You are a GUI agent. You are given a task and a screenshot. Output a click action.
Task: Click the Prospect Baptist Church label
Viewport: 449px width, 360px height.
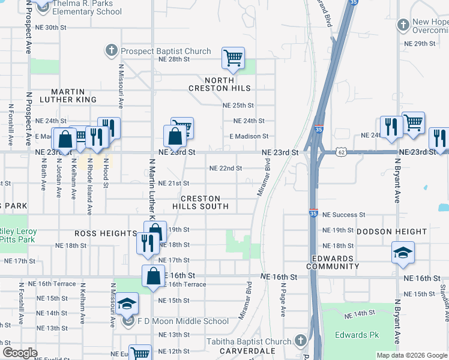pyautogui.click(x=166, y=51)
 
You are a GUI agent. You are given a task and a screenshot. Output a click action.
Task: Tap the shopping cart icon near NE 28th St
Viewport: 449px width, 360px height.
pyautogui.click(x=233, y=58)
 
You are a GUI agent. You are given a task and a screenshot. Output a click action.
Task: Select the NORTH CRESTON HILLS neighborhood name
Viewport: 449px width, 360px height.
pyautogui.click(x=228, y=85)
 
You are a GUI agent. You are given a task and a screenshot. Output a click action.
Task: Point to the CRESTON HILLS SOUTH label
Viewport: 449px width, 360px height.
pyautogui.click(x=200, y=202)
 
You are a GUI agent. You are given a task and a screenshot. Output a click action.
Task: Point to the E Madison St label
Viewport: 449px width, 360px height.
pyautogui.click(x=249, y=136)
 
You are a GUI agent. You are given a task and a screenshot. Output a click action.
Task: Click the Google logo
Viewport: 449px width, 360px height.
pyautogui.click(x=20, y=353)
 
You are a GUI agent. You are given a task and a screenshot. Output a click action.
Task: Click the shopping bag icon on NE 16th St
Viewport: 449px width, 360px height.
pyautogui.click(x=153, y=276)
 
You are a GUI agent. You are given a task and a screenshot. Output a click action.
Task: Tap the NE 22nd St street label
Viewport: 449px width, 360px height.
pyautogui.click(x=225, y=169)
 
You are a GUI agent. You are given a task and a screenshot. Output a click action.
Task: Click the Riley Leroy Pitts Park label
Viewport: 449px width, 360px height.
pyautogui.click(x=18, y=235)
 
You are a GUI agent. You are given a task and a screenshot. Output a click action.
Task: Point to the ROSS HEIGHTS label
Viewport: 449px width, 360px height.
pyautogui.click(x=106, y=233)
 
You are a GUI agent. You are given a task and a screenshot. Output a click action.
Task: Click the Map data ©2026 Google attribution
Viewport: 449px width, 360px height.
pyautogui.click(x=411, y=355)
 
